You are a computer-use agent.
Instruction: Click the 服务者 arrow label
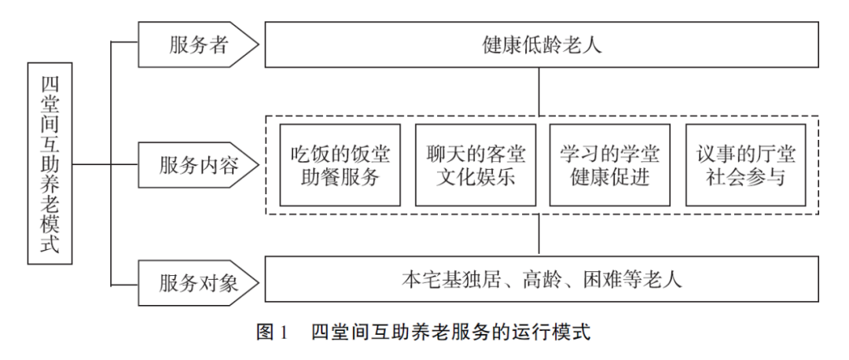click(x=198, y=45)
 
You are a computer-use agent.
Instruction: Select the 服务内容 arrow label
click(x=198, y=165)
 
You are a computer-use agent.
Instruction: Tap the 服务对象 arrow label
click(x=198, y=283)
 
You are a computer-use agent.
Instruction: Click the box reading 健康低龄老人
click(x=542, y=45)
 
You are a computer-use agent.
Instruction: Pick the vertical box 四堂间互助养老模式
click(x=50, y=163)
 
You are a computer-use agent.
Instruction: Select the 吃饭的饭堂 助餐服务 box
click(x=340, y=165)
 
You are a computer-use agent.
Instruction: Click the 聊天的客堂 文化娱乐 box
click(x=476, y=165)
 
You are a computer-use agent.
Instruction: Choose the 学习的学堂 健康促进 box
click(x=610, y=165)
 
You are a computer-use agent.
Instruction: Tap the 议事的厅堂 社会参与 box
click(x=745, y=165)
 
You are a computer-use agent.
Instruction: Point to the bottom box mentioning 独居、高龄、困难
click(x=542, y=279)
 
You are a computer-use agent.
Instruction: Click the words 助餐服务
click(x=340, y=178)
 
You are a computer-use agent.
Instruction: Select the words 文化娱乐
click(x=476, y=178)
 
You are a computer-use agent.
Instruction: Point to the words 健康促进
click(x=610, y=178)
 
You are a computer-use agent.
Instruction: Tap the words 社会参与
click(x=745, y=178)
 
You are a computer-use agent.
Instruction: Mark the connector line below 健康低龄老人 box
click(x=538, y=91)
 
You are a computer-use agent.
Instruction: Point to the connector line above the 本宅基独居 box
click(x=538, y=235)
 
